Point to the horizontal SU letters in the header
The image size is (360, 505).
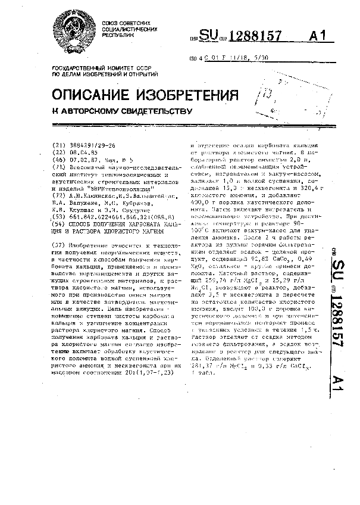pyautogui.click(x=209, y=36)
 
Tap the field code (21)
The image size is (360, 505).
pyautogui.click(x=58, y=145)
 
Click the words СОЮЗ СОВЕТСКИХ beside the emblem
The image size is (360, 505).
pyautogui.click(x=121, y=23)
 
